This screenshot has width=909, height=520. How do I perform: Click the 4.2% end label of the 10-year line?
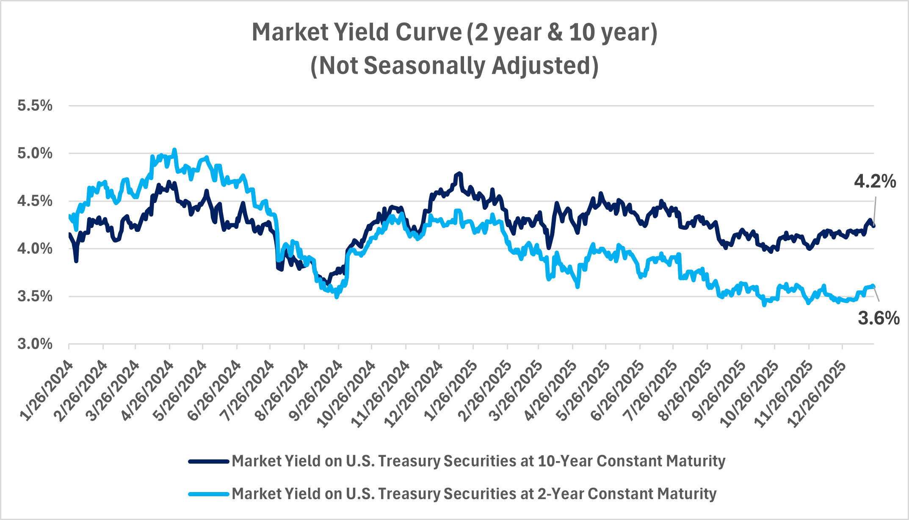[875, 181]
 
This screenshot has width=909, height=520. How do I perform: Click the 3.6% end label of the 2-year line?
[879, 318]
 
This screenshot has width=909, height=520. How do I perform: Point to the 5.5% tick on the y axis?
[35, 106]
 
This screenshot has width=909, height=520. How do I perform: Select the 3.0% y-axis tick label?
[35, 344]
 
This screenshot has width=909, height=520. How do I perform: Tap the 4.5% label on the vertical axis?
[35, 201]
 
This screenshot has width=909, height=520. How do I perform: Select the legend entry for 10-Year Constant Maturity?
[478, 461]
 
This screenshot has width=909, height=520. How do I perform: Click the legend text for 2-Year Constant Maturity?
[474, 494]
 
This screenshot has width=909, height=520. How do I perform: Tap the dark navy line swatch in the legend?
[209, 461]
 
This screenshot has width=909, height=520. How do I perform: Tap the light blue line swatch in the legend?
[209, 494]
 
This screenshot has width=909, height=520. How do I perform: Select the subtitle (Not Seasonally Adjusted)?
[454, 66]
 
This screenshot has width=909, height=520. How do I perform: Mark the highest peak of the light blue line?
[174, 150]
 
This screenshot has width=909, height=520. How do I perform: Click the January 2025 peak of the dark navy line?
[459, 173]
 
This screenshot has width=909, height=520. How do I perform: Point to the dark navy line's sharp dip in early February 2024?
[76, 261]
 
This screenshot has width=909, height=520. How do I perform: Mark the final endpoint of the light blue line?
[873, 286]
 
